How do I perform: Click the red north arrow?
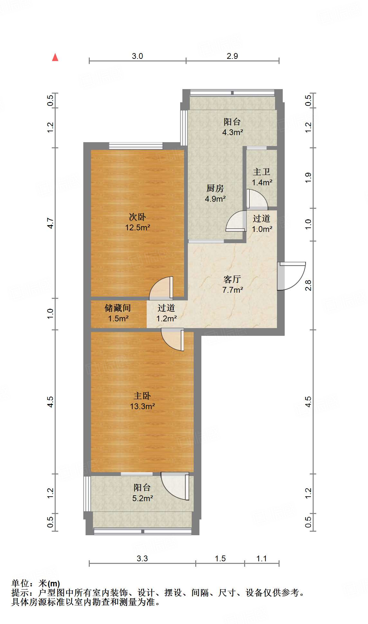tap(55, 58)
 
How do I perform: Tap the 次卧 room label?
tap(137, 217)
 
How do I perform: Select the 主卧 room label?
tap(142, 396)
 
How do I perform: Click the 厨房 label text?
tap(215, 188)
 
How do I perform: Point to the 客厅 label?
tap(232, 279)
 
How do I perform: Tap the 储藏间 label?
tap(118, 308)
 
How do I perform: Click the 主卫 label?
tap(261, 172)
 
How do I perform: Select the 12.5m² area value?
tap(137, 228)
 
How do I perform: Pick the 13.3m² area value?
tap(142, 406)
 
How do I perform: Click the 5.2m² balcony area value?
tap(142, 498)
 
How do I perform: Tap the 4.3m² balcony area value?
tap(232, 132)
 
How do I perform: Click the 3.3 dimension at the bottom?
tap(142, 558)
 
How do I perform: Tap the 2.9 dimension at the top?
tap(232, 56)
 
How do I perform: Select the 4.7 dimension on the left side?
tap(51, 223)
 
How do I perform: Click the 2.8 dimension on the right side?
tap(308, 285)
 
